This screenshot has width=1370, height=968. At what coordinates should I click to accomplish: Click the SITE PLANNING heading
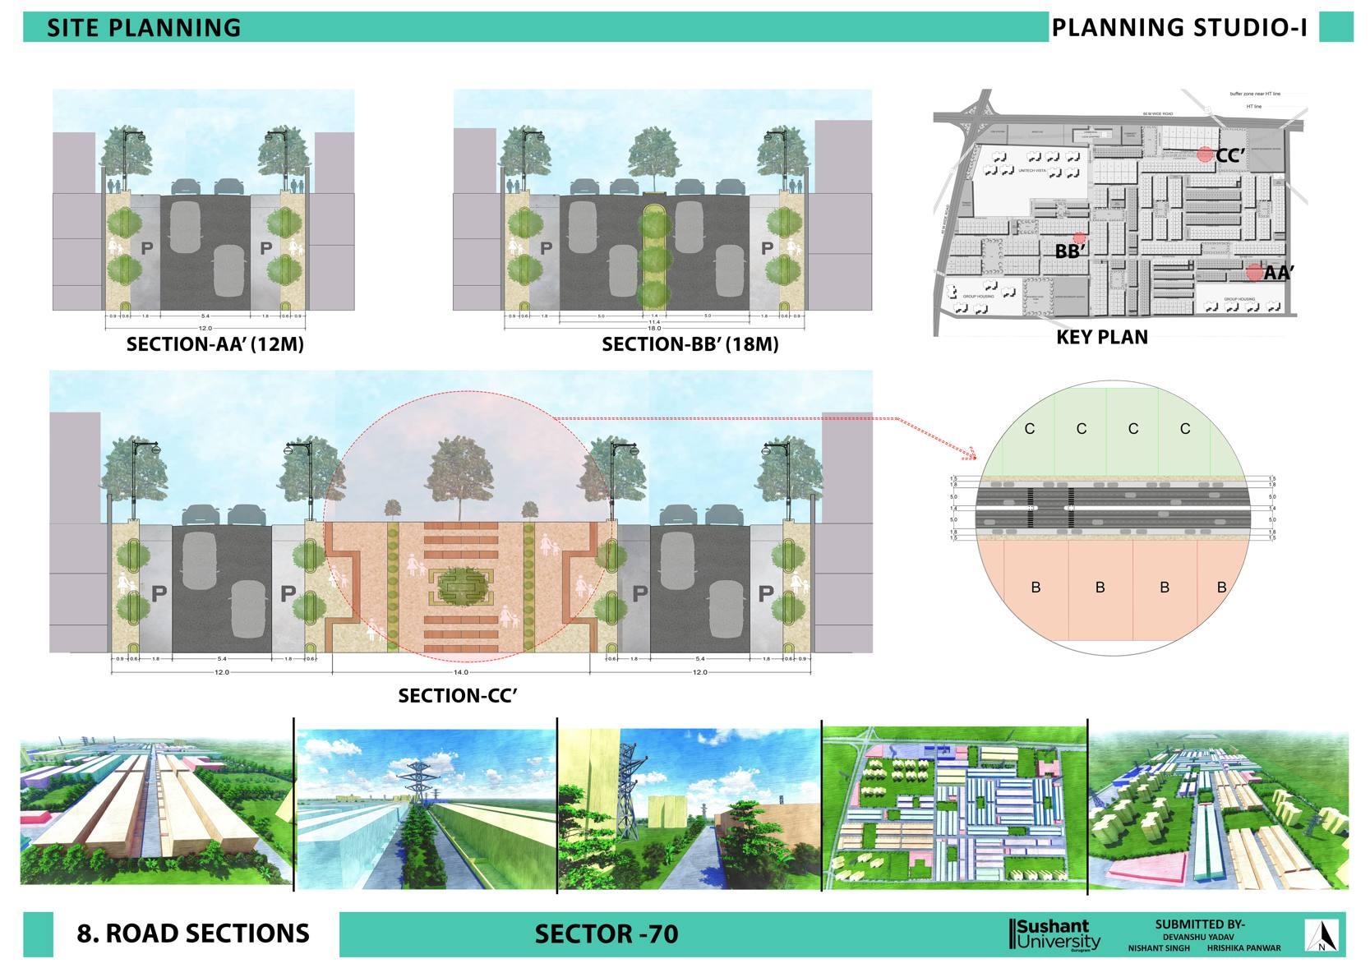(x=144, y=28)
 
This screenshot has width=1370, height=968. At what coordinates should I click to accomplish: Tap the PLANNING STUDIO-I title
(x=1179, y=28)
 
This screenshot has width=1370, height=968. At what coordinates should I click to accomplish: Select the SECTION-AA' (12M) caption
(x=215, y=344)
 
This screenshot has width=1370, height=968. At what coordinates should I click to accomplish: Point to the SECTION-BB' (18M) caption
(x=690, y=344)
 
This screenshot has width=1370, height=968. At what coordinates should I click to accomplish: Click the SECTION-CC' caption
(x=458, y=696)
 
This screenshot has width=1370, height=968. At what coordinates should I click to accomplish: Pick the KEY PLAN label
(x=1102, y=337)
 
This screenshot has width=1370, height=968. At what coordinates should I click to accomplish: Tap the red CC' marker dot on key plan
(x=1204, y=154)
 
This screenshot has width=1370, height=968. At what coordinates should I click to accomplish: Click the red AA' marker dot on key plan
(x=1254, y=272)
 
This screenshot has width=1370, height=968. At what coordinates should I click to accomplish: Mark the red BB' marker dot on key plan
(x=1079, y=238)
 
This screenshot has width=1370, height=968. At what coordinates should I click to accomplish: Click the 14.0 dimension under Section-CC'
(x=461, y=672)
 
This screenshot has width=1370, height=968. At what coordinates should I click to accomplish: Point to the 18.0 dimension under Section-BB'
(x=654, y=328)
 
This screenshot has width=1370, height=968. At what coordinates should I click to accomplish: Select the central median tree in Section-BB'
(x=654, y=156)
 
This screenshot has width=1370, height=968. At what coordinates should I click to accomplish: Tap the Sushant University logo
(x=1054, y=934)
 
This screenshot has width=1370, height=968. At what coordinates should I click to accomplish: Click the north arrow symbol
(x=1322, y=935)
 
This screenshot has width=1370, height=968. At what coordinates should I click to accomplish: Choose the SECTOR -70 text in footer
(x=607, y=934)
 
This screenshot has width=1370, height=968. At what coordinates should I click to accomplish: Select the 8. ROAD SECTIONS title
(x=193, y=933)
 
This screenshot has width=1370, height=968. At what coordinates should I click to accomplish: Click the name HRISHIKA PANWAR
(x=1243, y=947)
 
